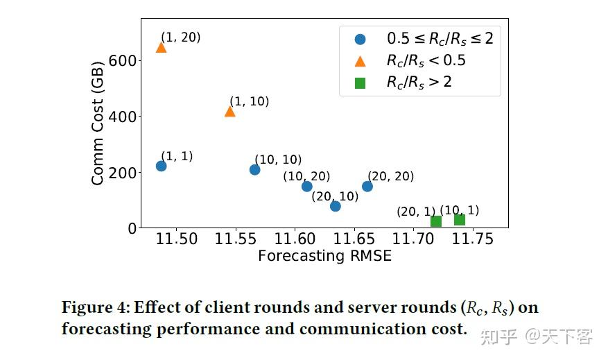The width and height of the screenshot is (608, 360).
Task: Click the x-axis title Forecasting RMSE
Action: pos(324,256)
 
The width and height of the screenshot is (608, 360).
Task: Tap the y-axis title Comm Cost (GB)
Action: pos(98,123)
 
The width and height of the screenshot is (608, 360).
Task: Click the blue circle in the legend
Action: pos(360,39)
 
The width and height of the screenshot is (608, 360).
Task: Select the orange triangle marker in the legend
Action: pos(360,60)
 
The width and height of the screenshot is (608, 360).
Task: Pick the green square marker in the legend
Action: pos(360,83)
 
